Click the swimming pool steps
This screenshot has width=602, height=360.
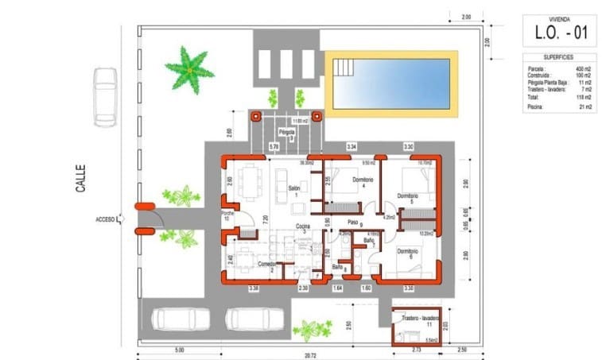[344, 68]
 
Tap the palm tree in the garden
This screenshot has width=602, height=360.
[189, 70]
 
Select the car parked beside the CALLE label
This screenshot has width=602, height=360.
[105, 97]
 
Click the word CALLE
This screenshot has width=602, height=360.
[80, 178]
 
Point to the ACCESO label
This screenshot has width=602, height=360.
[105, 219]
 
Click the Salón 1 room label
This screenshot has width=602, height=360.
[293, 191]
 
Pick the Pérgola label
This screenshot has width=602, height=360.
[286, 132]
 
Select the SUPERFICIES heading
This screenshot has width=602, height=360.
[560, 57]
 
